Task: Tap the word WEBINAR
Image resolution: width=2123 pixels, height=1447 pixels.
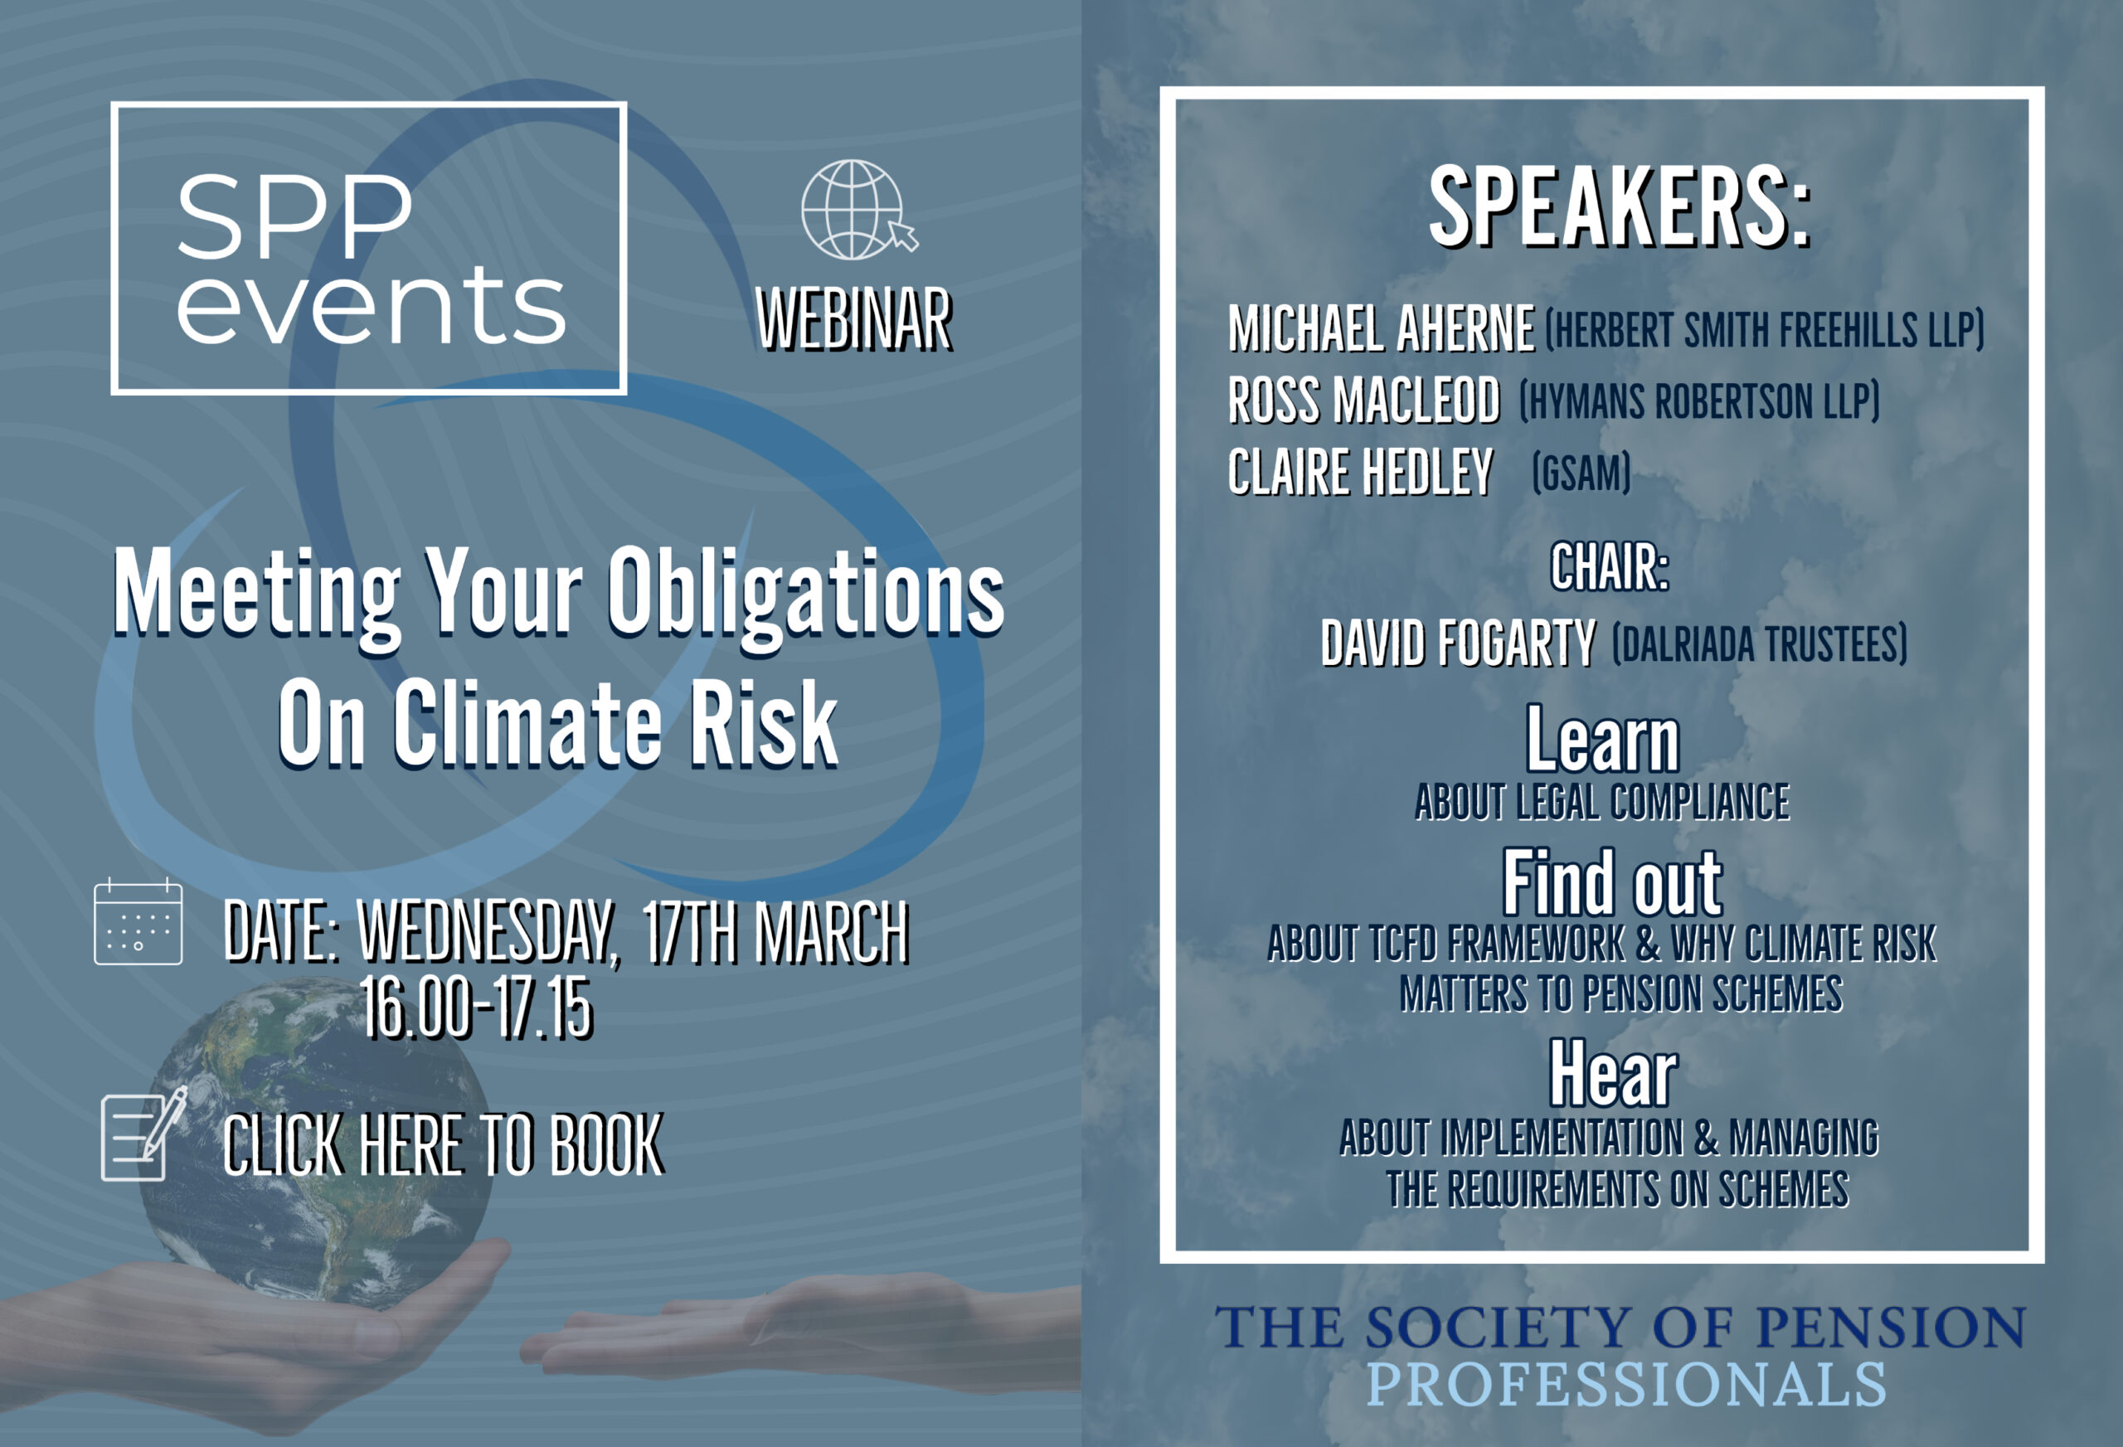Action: (x=855, y=320)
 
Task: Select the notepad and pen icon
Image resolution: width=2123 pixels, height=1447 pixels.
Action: (x=143, y=1134)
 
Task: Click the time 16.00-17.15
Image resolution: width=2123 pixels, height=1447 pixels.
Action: (x=478, y=1008)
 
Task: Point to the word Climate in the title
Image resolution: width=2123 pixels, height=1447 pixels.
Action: (x=528, y=722)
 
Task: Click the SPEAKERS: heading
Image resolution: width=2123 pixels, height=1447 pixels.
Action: (x=1620, y=207)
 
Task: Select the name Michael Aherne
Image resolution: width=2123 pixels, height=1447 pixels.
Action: (x=1382, y=329)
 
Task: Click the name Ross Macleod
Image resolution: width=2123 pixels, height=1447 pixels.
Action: (x=1364, y=401)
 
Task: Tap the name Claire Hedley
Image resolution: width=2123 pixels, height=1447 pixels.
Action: (x=1360, y=473)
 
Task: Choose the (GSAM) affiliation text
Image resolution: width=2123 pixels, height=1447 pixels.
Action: (x=1581, y=473)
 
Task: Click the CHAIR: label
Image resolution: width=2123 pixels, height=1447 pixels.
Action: (x=1610, y=567)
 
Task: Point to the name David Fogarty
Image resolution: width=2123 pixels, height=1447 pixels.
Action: (x=1459, y=643)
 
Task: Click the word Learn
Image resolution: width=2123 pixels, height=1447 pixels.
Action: (x=1603, y=740)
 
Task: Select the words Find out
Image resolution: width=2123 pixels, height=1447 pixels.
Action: (x=1613, y=882)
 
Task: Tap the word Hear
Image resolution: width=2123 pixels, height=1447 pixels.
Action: (x=1613, y=1075)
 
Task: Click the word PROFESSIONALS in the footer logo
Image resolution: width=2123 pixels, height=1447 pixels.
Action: (x=1626, y=1385)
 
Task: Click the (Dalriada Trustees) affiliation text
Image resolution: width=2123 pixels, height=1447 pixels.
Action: (x=1760, y=644)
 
